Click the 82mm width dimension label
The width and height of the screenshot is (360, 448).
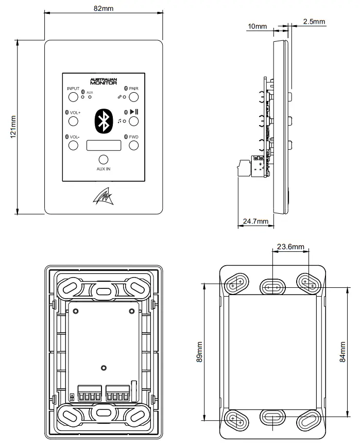click(104, 9)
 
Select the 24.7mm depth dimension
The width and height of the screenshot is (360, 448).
click(255, 221)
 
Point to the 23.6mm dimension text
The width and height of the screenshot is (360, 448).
click(290, 247)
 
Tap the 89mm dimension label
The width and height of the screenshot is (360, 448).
click(199, 352)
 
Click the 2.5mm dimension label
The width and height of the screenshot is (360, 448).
click(314, 22)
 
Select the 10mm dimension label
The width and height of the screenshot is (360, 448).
click(257, 26)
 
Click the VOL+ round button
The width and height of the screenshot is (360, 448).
click(73, 122)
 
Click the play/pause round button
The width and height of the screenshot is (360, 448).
click(134, 122)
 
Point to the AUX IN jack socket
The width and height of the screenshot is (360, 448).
click(104, 160)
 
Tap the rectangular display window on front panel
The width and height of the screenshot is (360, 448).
click(104, 146)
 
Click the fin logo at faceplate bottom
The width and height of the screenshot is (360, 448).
click(104, 197)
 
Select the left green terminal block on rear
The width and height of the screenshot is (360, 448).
click(90, 394)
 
